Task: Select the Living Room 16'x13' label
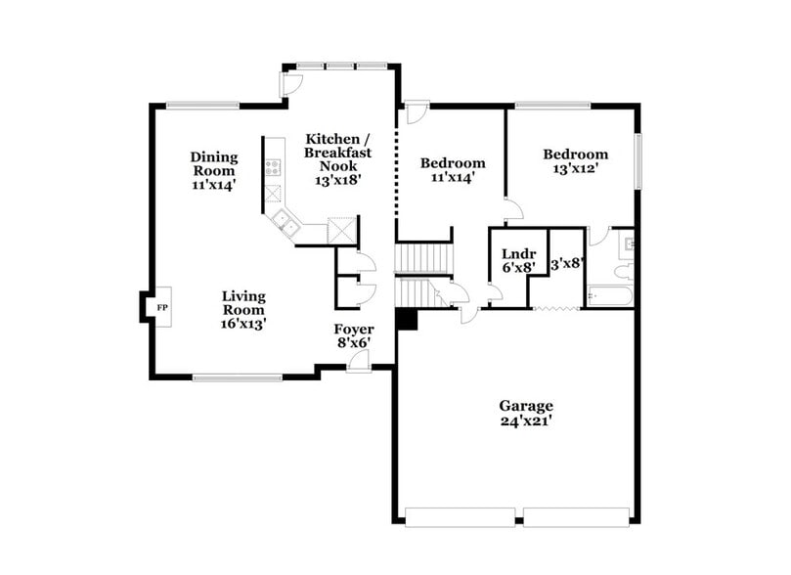243,308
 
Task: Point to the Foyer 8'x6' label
354,336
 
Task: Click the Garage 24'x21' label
526,414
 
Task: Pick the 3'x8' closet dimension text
567,263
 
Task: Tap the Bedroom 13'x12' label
575,160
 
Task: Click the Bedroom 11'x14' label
452,169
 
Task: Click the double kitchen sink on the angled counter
288,226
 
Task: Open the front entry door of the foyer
359,363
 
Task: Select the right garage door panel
577,515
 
